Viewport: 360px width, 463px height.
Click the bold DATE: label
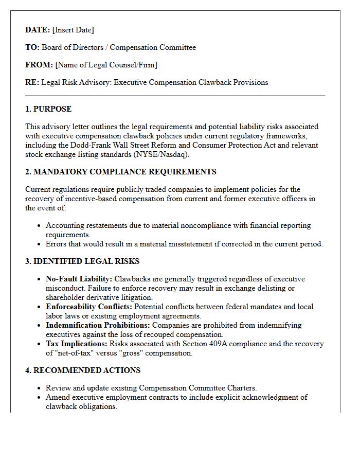[x=38, y=30]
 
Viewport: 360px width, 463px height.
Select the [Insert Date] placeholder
[x=73, y=30]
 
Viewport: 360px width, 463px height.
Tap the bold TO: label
[x=32, y=47]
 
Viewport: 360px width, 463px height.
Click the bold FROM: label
[x=39, y=65]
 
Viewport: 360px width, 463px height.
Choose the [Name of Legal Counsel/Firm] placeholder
[x=106, y=65]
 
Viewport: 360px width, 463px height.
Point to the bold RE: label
[x=32, y=82]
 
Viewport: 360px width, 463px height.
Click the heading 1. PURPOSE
[x=48, y=109]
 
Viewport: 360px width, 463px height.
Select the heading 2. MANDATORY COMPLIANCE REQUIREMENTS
[x=121, y=172]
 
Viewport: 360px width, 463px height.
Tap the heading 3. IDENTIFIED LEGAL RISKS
[x=82, y=261]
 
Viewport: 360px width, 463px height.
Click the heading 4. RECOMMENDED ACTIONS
[x=83, y=370]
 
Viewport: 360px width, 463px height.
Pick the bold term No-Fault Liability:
[x=79, y=279]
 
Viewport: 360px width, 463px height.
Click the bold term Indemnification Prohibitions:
[x=98, y=325]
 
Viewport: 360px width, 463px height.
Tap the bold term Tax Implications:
[x=77, y=344]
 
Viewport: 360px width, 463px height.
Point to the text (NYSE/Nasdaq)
[x=161, y=154]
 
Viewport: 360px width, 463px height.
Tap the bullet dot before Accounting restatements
[x=40, y=226]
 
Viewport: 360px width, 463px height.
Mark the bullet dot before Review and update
[x=40, y=388]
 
